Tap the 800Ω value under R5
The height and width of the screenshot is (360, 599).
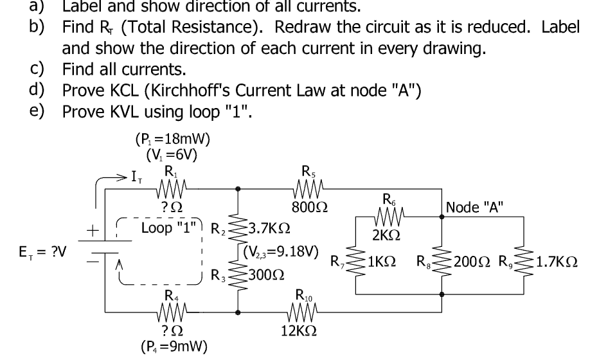[306, 208]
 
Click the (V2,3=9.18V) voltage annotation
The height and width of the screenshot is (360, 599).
[282, 251]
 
